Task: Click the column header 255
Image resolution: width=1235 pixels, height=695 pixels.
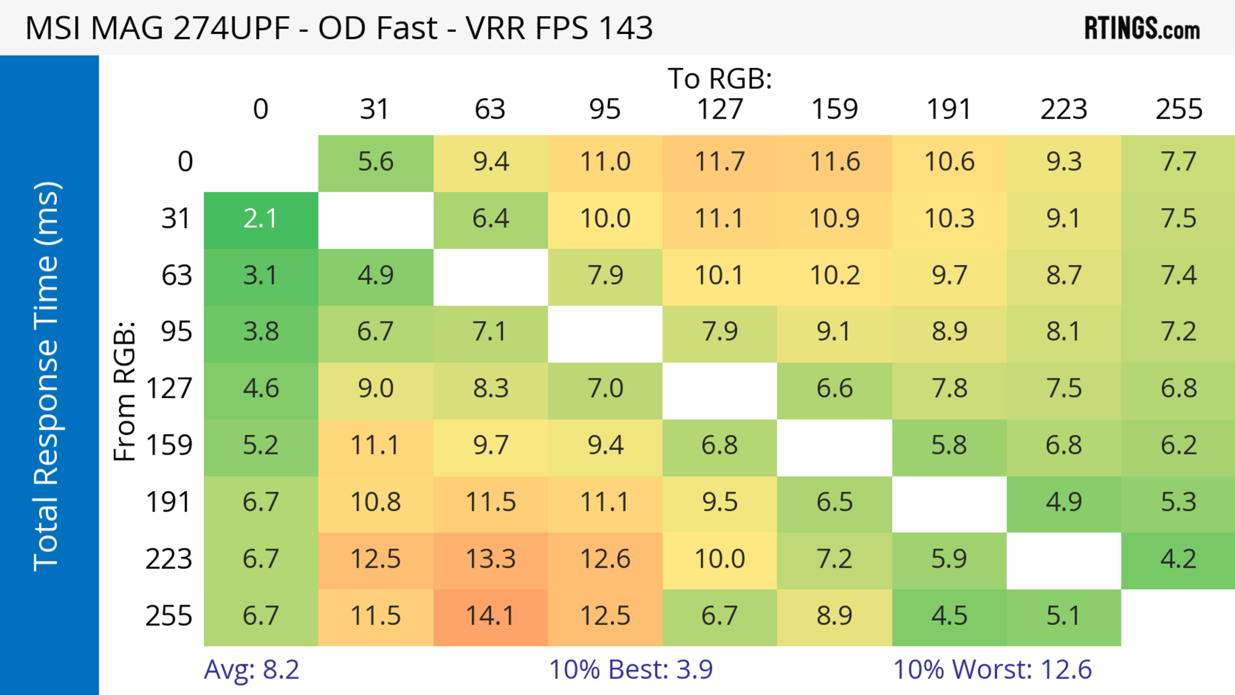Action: [1178, 109]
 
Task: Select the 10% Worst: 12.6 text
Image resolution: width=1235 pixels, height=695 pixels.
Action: [993, 670]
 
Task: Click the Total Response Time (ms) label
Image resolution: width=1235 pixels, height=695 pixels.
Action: [47, 376]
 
